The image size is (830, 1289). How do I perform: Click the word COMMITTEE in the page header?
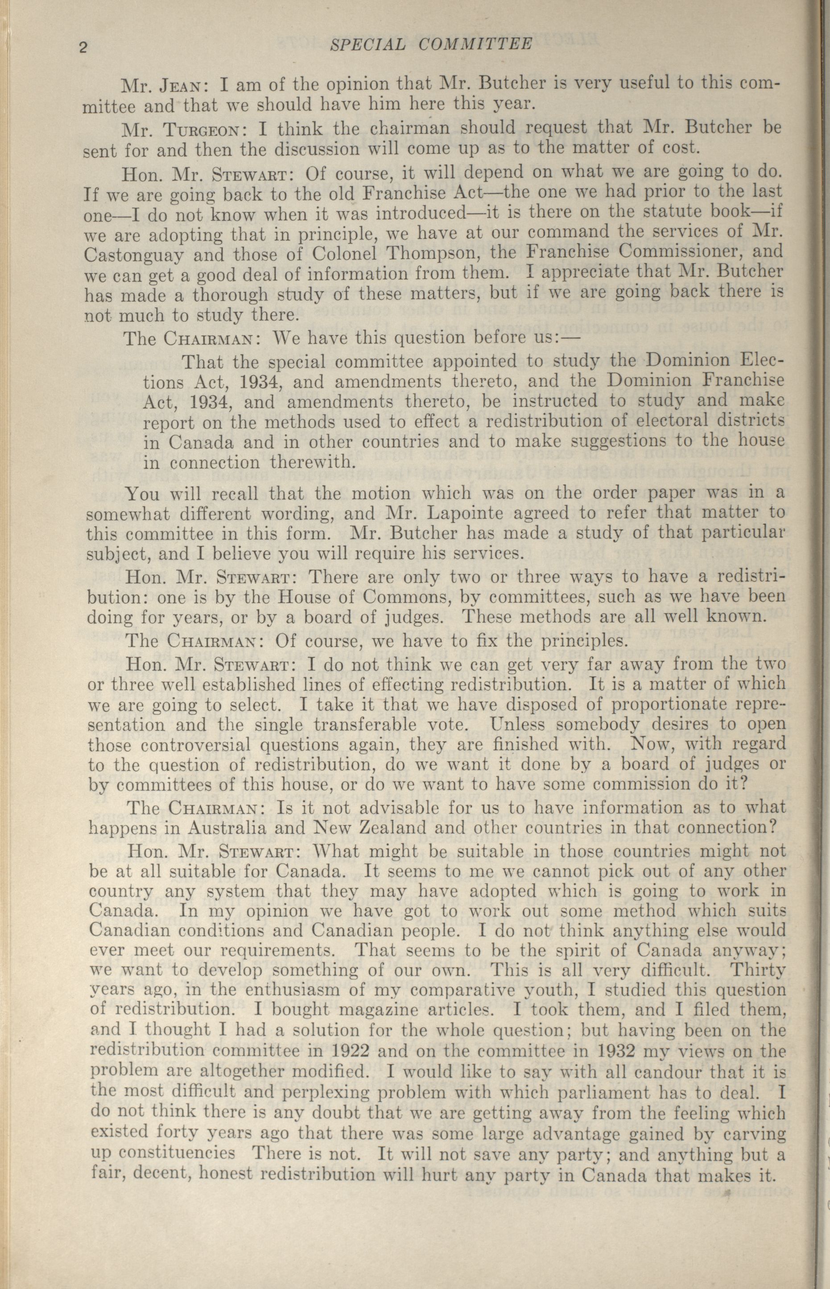475,44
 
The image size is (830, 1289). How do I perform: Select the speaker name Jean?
176,85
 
